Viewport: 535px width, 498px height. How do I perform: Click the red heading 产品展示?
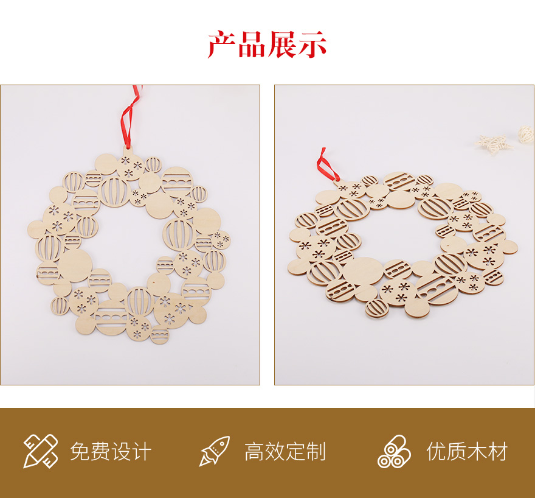[x=267, y=44]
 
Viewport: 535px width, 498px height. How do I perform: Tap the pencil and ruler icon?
[x=40, y=451]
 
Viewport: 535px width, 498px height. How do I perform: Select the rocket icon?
[x=214, y=451]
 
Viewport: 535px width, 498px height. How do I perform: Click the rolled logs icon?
[x=394, y=451]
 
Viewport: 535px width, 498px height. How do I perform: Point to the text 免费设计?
[x=111, y=452]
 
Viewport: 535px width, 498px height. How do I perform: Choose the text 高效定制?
[x=285, y=452]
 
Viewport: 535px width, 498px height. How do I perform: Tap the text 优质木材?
[x=467, y=452]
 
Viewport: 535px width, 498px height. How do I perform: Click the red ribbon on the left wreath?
[x=129, y=116]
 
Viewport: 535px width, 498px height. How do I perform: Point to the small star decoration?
[x=494, y=144]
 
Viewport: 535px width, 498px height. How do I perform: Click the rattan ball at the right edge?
[x=526, y=135]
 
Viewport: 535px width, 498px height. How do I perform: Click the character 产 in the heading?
[x=222, y=44]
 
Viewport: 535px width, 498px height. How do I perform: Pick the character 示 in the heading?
[x=312, y=44]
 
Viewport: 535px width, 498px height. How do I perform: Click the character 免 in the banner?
[x=80, y=452]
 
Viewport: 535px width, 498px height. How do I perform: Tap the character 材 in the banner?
[x=498, y=452]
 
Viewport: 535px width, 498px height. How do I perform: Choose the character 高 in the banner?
[x=255, y=452]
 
